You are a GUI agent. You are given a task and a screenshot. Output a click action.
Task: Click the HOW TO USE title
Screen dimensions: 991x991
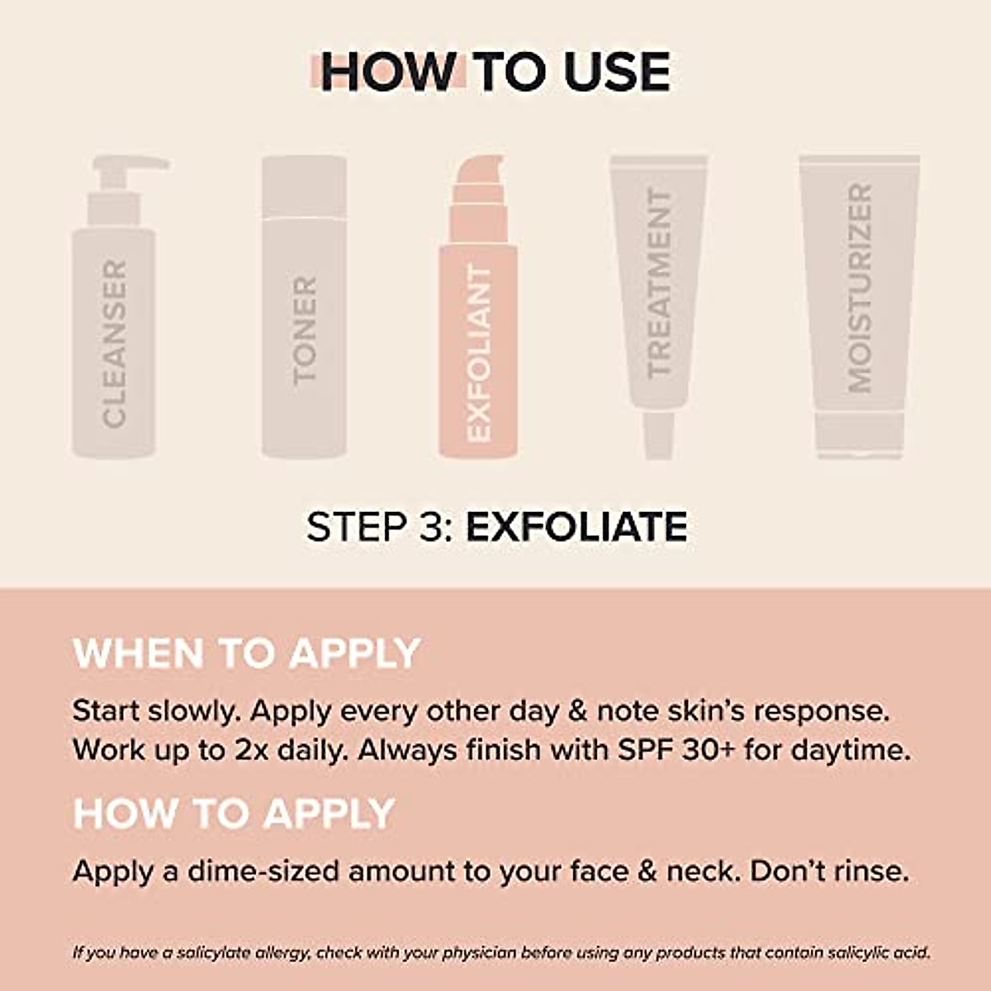point(494,72)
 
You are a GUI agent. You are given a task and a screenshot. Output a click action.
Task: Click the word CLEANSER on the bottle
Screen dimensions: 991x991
point(115,344)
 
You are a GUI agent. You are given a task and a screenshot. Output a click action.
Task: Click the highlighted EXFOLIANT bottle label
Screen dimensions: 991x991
point(479,353)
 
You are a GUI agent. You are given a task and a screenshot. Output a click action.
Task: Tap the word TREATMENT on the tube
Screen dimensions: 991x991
point(659,283)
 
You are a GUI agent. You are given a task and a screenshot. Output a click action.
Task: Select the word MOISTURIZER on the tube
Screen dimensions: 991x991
point(860,288)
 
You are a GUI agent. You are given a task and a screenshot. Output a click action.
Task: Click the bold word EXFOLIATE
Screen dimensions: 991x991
point(576,527)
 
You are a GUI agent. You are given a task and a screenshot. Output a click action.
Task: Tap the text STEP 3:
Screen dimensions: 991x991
point(381,527)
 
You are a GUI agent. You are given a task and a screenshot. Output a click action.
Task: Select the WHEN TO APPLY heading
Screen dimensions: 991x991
point(247,653)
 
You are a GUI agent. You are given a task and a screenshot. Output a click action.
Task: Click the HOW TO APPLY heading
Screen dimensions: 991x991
point(234,813)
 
